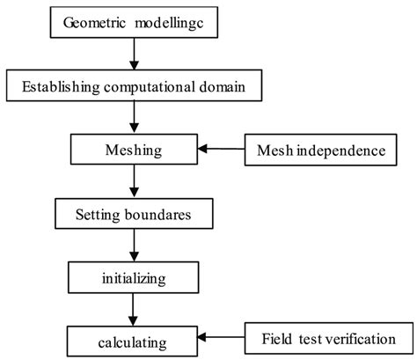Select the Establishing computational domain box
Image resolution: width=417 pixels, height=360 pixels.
(x=132, y=86)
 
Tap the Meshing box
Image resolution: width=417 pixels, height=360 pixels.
(x=132, y=150)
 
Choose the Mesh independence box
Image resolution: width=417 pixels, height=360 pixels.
(x=320, y=150)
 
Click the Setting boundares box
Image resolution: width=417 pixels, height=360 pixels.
(x=132, y=213)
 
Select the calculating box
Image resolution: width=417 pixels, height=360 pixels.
(x=132, y=338)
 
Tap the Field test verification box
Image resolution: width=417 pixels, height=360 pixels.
(x=326, y=338)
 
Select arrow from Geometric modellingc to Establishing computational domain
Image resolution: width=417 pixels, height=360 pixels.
(x=133, y=55)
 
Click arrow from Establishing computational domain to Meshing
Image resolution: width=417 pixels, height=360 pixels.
(x=133, y=118)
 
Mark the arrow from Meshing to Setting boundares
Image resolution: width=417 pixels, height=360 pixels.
(x=133, y=181)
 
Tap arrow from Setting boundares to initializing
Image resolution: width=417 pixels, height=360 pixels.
(x=133, y=245)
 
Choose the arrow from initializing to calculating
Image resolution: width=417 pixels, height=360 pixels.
(x=133, y=307)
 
